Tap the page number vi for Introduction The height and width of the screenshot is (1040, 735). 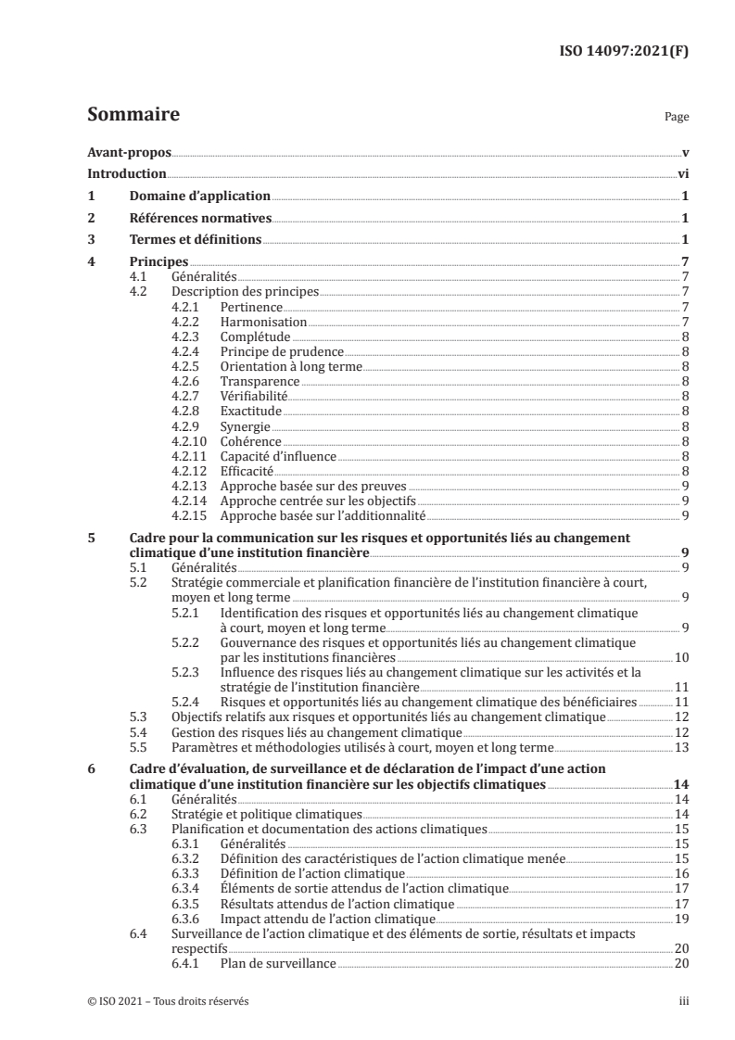point(682,174)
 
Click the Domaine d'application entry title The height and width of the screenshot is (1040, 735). point(199,197)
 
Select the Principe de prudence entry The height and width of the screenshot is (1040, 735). point(282,351)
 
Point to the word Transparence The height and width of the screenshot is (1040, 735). point(260,381)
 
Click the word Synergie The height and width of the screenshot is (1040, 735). point(246,426)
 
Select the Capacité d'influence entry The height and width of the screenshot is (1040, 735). point(278,456)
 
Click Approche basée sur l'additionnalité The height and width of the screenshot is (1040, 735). point(322,515)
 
